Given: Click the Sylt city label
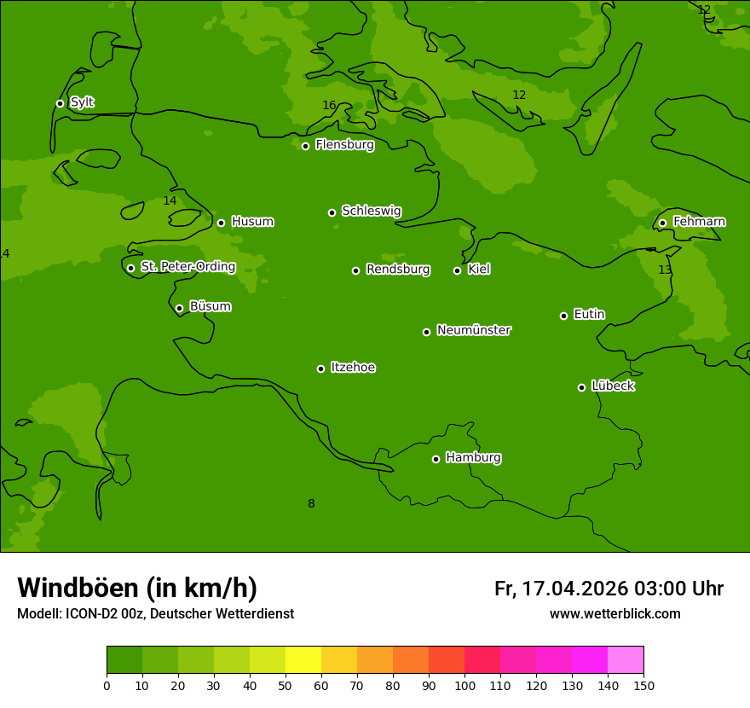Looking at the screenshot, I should click(82, 102).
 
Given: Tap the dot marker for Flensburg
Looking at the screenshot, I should click(305, 146).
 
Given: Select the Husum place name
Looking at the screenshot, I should click(252, 222).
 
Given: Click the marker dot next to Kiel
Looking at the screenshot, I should click(457, 270).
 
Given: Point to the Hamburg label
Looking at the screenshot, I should click(473, 458).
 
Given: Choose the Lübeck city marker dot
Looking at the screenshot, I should click(581, 387).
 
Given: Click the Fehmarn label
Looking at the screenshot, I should click(699, 222).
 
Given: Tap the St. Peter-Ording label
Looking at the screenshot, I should click(187, 267).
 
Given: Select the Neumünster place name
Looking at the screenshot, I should click(474, 330).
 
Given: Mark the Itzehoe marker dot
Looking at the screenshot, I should click(320, 369).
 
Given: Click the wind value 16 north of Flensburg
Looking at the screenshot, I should click(329, 106).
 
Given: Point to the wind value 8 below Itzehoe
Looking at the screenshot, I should click(311, 504).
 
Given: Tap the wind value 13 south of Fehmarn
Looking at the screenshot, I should click(665, 270).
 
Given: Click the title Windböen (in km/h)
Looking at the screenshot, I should click(137, 588).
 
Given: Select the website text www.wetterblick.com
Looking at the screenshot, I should click(614, 614).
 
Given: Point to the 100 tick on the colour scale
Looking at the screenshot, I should click(464, 685).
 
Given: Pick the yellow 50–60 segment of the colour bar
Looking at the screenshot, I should click(303, 659).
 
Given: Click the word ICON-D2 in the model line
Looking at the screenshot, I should click(89, 614).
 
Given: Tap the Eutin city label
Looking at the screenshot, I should click(589, 315).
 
